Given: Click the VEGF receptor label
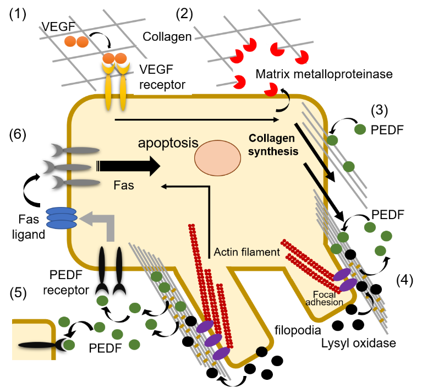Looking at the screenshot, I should tap(163, 77).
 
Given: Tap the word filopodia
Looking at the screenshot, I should tap(297, 330).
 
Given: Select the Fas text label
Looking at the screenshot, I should tap(124, 187).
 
